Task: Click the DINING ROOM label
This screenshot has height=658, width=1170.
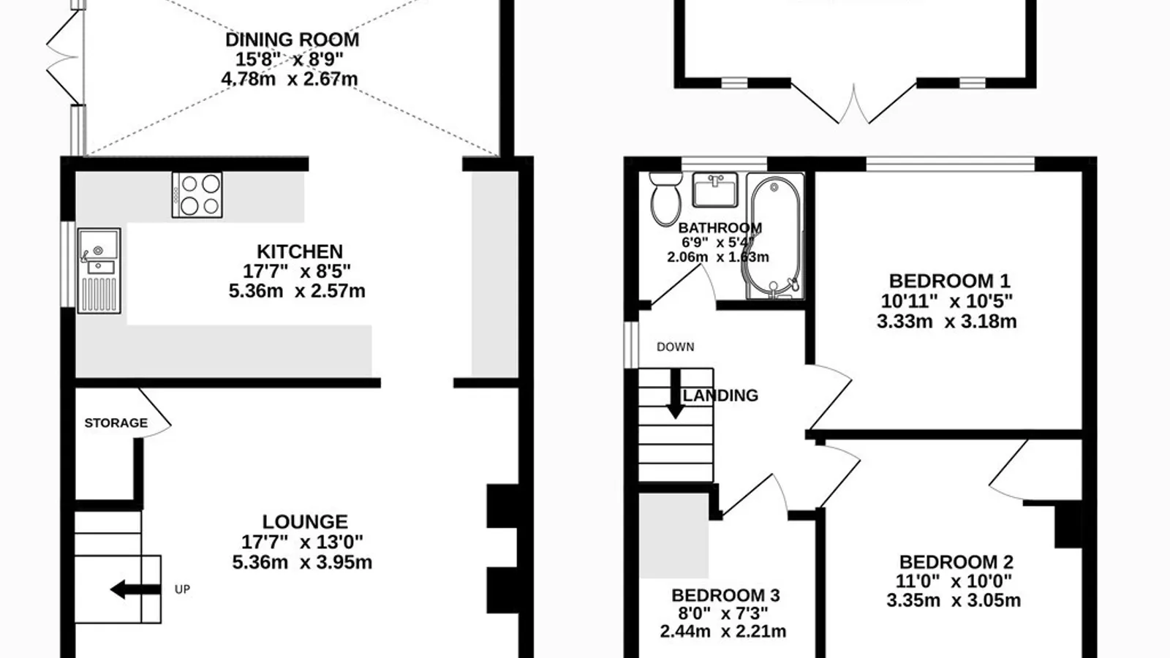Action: (x=292, y=39)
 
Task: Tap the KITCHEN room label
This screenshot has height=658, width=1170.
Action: (x=300, y=252)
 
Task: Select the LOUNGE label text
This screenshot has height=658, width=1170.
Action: (x=305, y=522)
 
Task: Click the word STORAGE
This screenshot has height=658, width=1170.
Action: (x=116, y=423)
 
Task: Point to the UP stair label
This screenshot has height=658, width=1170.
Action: (x=182, y=589)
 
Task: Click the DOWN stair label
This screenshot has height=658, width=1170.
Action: (x=676, y=347)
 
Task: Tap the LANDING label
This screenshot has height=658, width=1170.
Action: (x=721, y=396)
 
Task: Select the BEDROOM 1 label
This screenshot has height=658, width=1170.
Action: (x=950, y=281)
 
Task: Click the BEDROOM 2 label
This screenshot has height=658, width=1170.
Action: (x=956, y=562)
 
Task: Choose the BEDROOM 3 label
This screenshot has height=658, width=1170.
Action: (x=725, y=595)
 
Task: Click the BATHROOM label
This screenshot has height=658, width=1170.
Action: (x=720, y=228)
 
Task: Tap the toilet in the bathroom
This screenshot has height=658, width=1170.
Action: (x=665, y=199)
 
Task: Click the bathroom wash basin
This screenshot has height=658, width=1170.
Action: (x=715, y=189)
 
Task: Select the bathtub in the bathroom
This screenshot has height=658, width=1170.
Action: (x=775, y=237)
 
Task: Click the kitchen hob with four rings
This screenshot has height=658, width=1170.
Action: (x=197, y=194)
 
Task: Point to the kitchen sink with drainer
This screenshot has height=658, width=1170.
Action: (x=99, y=271)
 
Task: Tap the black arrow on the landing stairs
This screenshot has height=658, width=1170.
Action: (x=676, y=394)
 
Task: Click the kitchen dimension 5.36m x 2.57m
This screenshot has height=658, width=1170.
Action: (x=297, y=291)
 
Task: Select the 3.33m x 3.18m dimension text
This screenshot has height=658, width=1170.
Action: (x=947, y=321)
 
